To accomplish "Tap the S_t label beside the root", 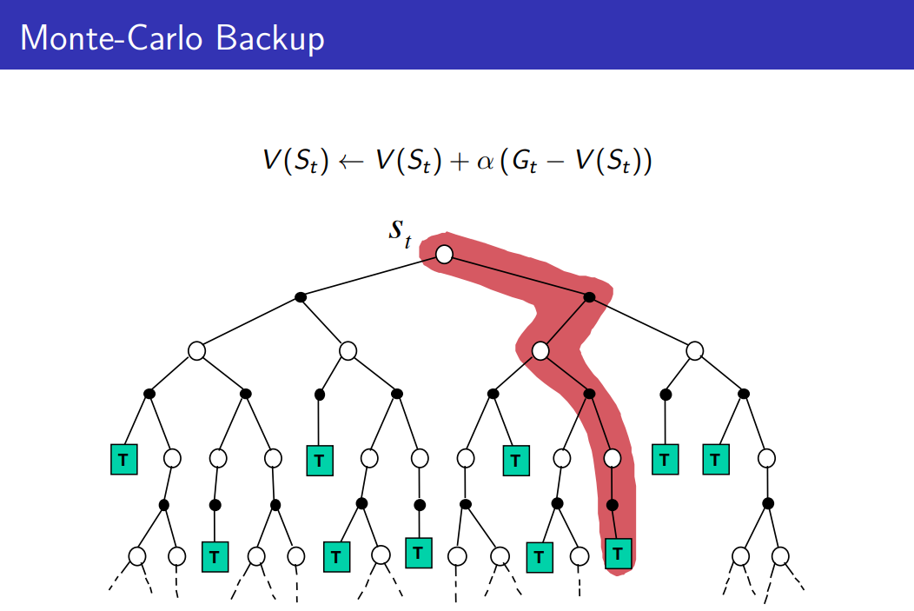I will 400,233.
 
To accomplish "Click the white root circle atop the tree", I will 444,254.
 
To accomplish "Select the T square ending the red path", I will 618,552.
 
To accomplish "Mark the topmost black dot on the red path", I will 589,297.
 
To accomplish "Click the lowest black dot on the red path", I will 612,504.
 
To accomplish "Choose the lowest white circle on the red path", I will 613,457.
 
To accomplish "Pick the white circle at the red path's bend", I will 540,351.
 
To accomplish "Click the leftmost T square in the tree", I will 124,459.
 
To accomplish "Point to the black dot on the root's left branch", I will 301,297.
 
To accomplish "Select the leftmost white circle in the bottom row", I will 136,555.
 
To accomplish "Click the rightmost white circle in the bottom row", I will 780,555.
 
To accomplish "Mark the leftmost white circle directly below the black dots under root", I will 197,351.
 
